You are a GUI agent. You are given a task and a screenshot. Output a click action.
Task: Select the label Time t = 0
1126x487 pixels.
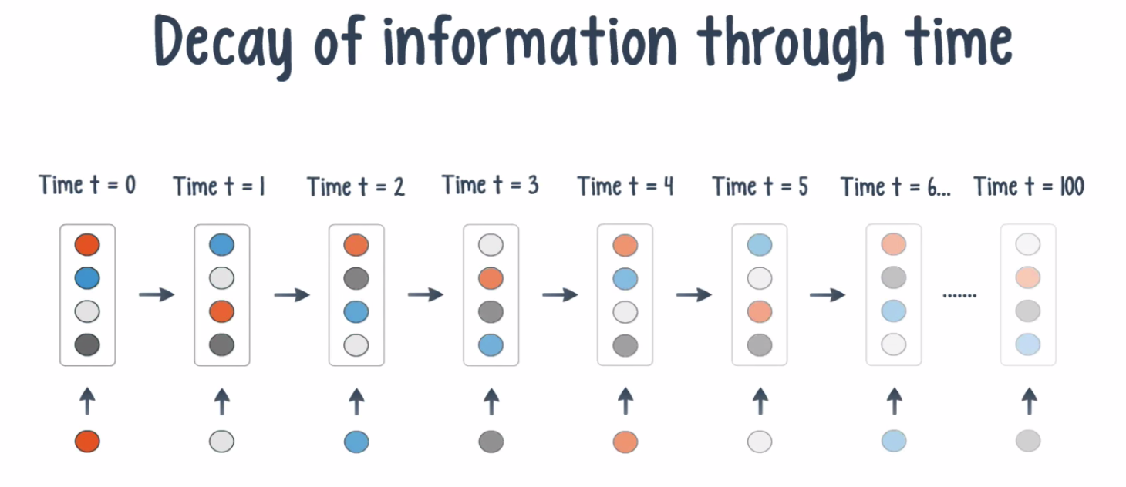[x=87, y=185]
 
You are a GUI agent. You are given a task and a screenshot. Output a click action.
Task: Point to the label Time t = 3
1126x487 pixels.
[x=490, y=185]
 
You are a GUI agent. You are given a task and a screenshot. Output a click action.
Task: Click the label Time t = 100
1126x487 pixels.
[x=1029, y=186]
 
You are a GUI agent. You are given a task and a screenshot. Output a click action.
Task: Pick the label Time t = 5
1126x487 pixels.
[x=760, y=186]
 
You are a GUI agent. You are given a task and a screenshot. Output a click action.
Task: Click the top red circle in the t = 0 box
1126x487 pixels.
[x=87, y=244]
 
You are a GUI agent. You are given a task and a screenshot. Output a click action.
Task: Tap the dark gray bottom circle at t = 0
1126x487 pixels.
[x=87, y=345]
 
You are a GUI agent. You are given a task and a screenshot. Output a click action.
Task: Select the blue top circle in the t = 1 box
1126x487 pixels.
[x=221, y=245]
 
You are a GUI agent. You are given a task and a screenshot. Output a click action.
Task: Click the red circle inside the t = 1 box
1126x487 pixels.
[x=221, y=311]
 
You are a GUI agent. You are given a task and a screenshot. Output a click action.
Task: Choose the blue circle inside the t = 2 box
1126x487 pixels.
[x=356, y=312]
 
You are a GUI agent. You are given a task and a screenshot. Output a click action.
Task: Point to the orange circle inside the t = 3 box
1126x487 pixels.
[x=491, y=278]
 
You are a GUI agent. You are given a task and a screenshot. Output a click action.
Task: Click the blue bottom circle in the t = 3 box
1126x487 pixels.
[x=491, y=345]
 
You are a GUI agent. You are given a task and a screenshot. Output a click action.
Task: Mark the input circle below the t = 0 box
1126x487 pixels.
[x=87, y=442]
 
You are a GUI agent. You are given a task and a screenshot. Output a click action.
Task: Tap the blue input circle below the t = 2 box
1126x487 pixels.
[x=356, y=442]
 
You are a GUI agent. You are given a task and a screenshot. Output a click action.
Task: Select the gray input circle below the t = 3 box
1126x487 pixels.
[x=491, y=442]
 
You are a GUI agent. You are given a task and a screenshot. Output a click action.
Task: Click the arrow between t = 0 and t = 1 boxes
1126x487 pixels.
[x=157, y=294]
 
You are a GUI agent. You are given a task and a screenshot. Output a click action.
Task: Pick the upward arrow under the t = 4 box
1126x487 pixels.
[x=625, y=401]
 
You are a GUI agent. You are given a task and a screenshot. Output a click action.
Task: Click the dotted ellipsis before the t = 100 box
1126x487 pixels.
[x=959, y=295]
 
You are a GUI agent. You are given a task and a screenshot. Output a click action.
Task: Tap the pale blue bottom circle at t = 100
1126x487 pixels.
[x=1028, y=344]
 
